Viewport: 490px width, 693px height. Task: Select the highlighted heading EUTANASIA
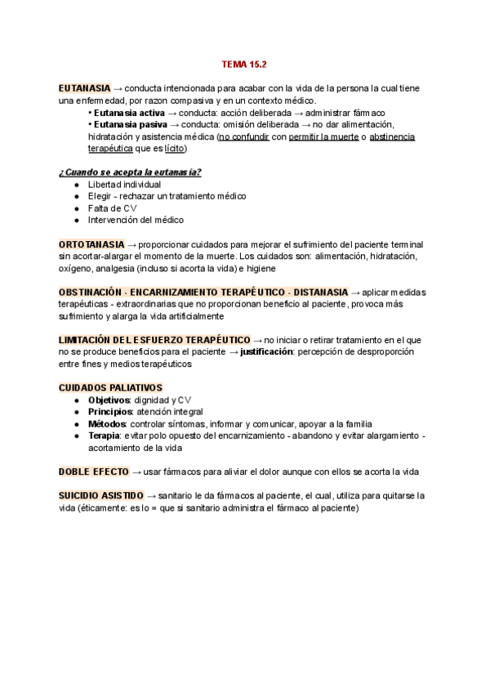[85, 88]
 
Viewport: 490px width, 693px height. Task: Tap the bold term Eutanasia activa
[127, 113]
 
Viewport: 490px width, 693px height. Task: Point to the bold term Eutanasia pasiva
[128, 124]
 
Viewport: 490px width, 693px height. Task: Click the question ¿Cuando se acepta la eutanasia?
[131, 172]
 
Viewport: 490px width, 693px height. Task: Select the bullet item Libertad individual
[124, 185]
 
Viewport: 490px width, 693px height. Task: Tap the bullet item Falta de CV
[113, 208]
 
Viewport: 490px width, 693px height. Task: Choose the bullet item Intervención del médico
[136, 220]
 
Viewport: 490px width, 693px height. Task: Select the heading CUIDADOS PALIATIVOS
[110, 387]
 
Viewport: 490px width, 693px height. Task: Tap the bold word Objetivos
[109, 400]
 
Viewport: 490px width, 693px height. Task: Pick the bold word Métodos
[107, 423]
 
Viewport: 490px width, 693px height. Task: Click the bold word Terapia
[105, 436]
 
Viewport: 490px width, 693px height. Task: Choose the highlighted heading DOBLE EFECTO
[92, 472]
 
